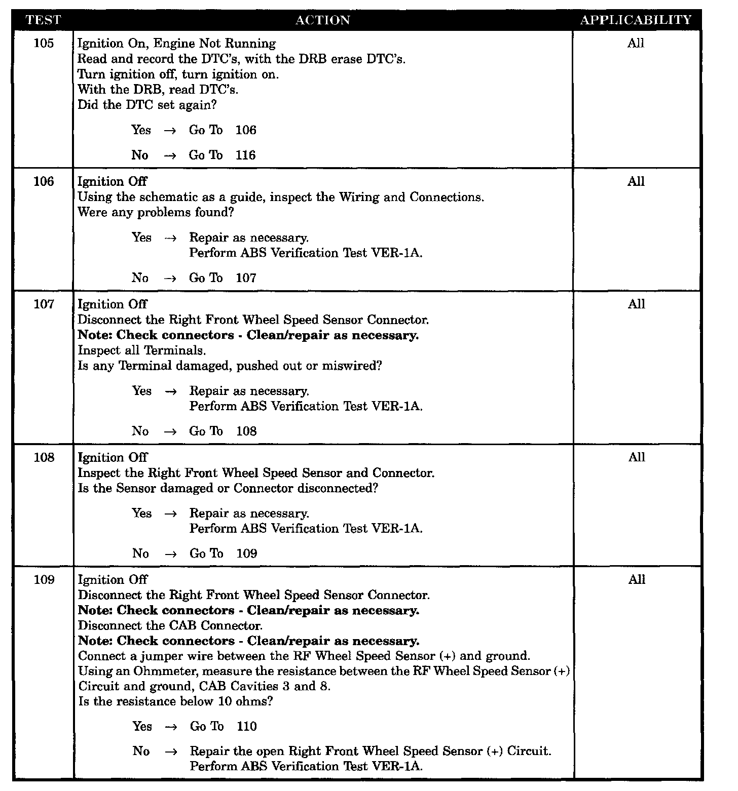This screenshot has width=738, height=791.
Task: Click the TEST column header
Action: point(43,20)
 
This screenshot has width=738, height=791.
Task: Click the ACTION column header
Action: point(323,20)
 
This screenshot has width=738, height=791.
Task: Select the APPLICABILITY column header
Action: point(636,20)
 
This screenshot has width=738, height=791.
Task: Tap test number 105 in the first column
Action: point(44,43)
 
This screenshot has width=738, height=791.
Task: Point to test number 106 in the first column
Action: point(44,181)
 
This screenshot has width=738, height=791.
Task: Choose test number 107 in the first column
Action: point(44,304)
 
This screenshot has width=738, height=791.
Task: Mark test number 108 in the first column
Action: point(44,457)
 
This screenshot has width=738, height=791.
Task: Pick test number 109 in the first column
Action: point(44,580)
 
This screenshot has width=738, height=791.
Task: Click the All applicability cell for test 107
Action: point(636,304)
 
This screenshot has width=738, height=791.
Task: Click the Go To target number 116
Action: point(246,155)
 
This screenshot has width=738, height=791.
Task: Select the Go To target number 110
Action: point(247,727)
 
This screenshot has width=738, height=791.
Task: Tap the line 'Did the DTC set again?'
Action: point(147,105)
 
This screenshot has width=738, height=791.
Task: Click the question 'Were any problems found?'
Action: point(156,212)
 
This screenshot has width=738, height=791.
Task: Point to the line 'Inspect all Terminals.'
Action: point(142,350)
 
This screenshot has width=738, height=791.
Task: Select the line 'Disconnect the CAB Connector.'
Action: point(170,626)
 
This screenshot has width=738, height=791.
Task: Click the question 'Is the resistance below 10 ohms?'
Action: point(175,702)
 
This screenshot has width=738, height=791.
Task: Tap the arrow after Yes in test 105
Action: point(170,131)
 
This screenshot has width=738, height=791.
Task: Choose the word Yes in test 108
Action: point(142,513)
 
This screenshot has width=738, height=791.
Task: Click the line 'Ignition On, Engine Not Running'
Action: point(177,44)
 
